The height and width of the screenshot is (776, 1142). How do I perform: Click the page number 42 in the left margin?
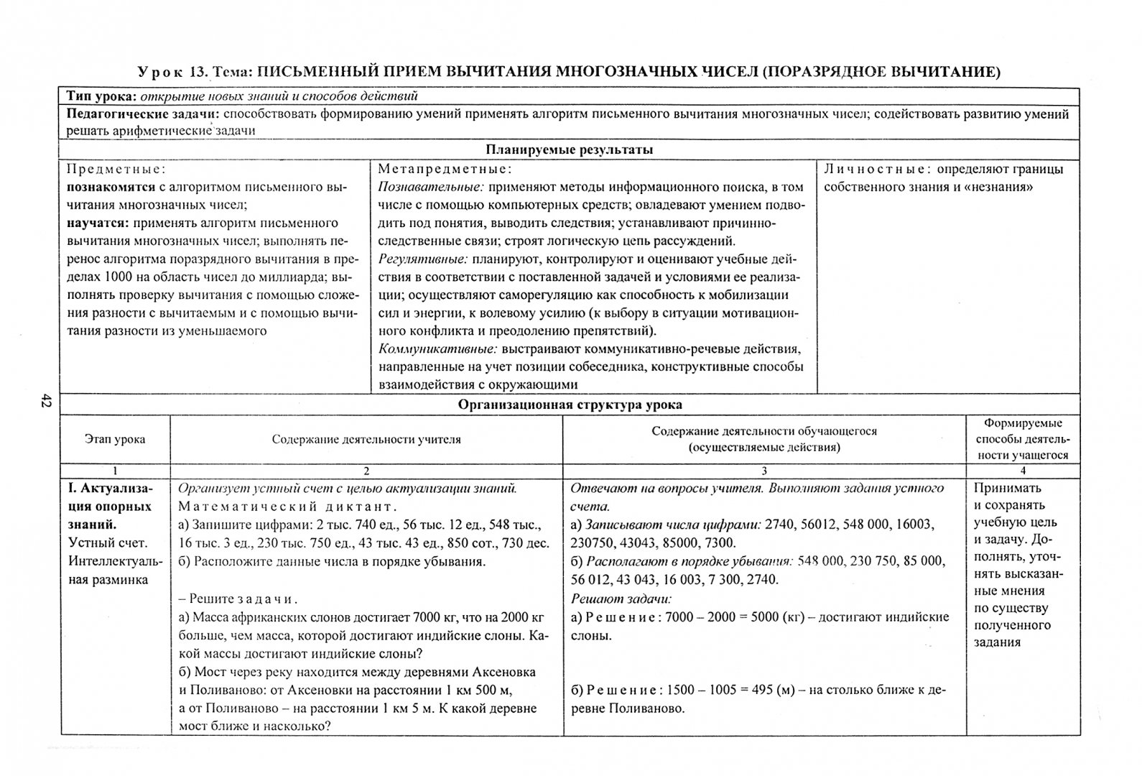pyautogui.click(x=45, y=402)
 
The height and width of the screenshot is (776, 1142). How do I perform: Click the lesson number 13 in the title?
pyautogui.click(x=198, y=72)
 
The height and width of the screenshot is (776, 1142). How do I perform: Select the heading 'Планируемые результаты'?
pyautogui.click(x=569, y=150)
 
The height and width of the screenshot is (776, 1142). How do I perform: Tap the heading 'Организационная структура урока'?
pyautogui.click(x=570, y=405)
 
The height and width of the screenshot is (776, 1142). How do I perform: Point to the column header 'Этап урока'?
pyautogui.click(x=115, y=439)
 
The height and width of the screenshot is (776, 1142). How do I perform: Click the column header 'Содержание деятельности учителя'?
pyautogui.click(x=366, y=439)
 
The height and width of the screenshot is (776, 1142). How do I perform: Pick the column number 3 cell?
pyautogui.click(x=763, y=471)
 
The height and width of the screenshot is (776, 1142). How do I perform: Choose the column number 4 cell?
pyautogui.click(x=1023, y=471)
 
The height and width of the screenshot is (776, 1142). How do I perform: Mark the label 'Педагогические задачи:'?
pyautogui.click(x=143, y=114)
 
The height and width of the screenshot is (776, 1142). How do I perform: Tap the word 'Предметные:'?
pyautogui.click(x=116, y=170)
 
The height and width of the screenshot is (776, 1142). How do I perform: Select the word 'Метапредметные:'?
pyautogui.click(x=445, y=170)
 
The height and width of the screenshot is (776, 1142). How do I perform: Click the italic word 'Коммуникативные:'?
pyautogui.click(x=437, y=349)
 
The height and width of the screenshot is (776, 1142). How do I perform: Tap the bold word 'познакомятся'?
pyautogui.click(x=111, y=188)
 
